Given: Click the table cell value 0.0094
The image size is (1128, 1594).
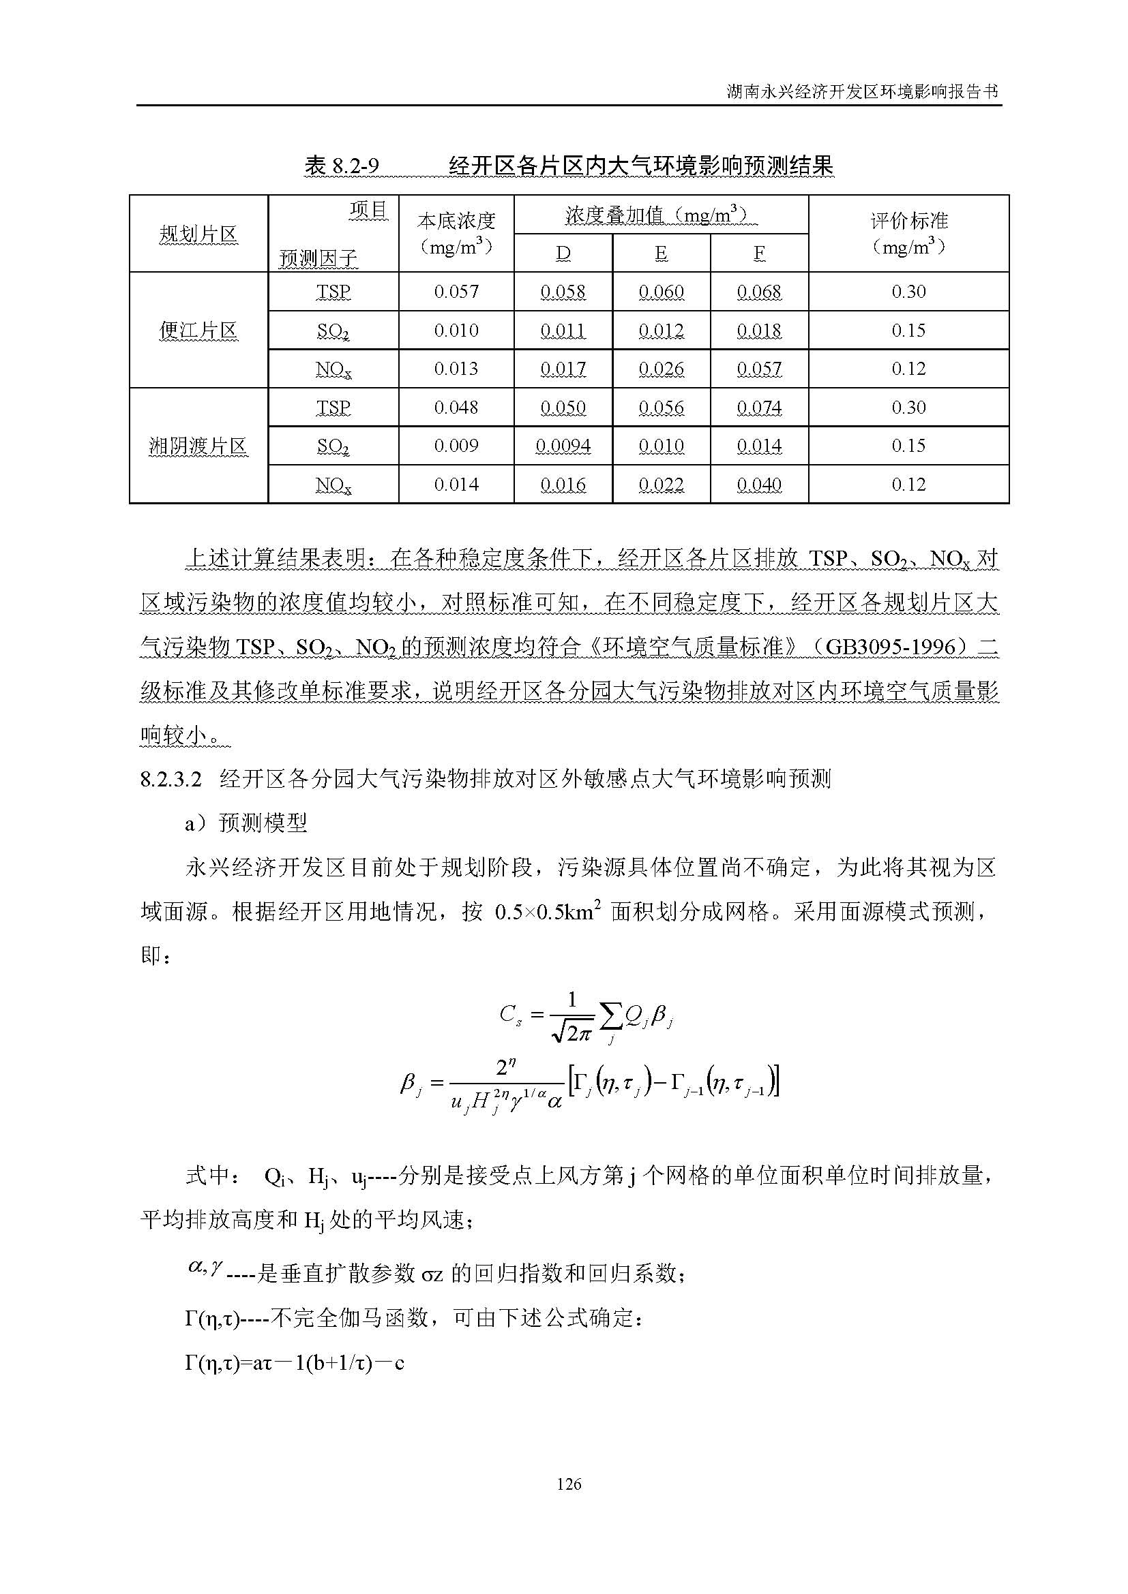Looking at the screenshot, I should click(563, 446).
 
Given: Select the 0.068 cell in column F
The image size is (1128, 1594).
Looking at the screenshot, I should click(759, 292).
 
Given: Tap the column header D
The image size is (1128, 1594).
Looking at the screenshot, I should click(563, 254).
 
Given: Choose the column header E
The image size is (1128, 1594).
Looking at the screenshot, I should click(662, 254).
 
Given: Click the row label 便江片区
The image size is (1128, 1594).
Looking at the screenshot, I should click(198, 331).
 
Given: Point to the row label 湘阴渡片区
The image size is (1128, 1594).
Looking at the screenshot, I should click(198, 446).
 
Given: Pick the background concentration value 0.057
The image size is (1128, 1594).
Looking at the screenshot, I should click(456, 292).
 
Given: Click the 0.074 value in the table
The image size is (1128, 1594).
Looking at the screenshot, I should click(759, 408).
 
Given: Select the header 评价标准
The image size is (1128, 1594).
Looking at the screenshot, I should click(908, 221).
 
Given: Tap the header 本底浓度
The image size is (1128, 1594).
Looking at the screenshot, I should click(456, 221).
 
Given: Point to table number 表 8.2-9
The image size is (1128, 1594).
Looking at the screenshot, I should click(342, 166).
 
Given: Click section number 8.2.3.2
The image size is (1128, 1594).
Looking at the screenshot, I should click(171, 779).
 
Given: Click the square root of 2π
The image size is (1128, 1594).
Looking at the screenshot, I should click(571, 1033).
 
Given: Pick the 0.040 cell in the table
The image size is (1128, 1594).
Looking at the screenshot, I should click(759, 485).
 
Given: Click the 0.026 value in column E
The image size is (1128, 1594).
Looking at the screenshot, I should click(662, 369).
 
